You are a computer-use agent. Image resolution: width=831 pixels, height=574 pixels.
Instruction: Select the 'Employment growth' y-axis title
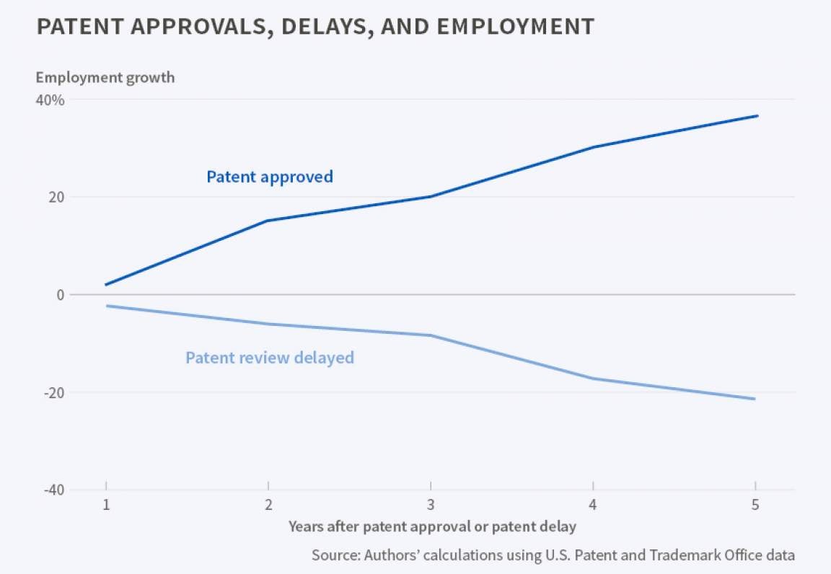pyautogui.click(x=105, y=77)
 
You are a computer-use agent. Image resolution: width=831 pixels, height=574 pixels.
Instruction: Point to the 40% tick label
pyautogui.click(x=50, y=100)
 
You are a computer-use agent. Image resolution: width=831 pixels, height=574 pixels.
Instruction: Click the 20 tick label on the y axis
pyautogui.click(x=56, y=197)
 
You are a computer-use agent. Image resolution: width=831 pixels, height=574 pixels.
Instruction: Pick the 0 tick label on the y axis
pyautogui.click(x=61, y=294)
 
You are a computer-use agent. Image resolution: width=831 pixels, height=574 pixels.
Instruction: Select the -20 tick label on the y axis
pyautogui.click(x=53, y=392)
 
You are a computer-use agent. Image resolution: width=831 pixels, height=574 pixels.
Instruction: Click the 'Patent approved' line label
pyautogui.click(x=270, y=177)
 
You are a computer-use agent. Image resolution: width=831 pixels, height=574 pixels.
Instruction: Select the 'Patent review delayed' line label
pyautogui.click(x=270, y=358)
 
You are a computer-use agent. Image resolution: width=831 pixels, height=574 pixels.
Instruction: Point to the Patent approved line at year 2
pyautogui.click(x=268, y=221)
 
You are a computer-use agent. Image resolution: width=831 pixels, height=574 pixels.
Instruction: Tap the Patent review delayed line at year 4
pyautogui.click(x=593, y=379)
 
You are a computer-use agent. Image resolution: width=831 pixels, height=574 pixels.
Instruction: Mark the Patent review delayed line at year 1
pyautogui.click(x=106, y=306)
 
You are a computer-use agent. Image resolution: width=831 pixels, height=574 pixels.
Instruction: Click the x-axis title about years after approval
pyautogui.click(x=432, y=526)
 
